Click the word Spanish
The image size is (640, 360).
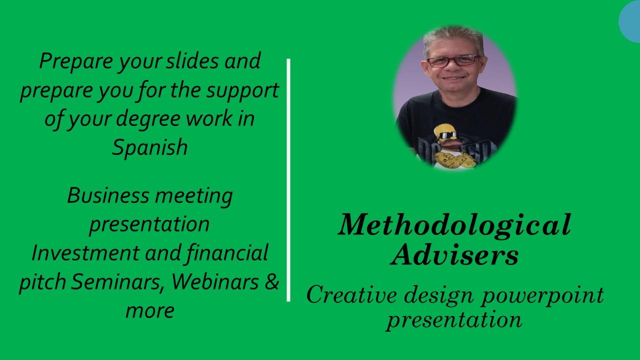pos(149,147)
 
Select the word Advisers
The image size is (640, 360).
pos(454,255)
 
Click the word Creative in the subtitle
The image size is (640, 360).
pos(351,295)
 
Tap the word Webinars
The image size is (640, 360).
pos(215,281)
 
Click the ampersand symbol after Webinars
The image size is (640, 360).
pos(271,281)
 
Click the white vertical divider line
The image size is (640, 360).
pos(288,180)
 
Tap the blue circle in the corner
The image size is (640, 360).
pos(629,21)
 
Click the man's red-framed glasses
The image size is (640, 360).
pos(453,60)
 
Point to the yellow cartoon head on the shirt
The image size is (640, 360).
pos(444,133)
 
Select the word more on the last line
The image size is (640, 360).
pos(150,311)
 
